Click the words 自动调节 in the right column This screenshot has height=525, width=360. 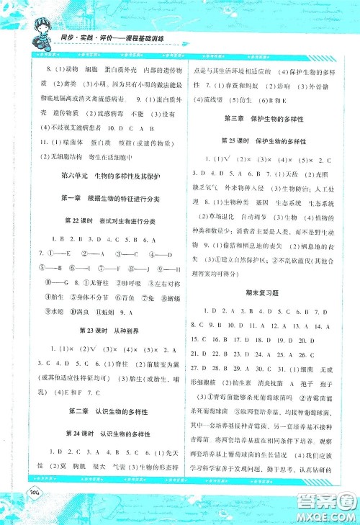click(253, 215)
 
